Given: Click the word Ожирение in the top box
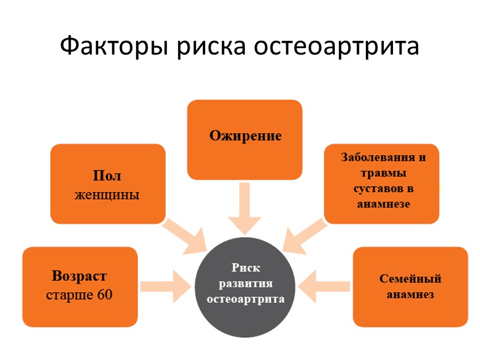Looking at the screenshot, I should pos(245,135).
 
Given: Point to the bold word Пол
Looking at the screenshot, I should pos(107,176).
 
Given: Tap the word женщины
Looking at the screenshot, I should pos(107,195).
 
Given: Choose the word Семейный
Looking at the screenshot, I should pos(410,279).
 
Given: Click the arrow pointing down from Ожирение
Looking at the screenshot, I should pos(244,209).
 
